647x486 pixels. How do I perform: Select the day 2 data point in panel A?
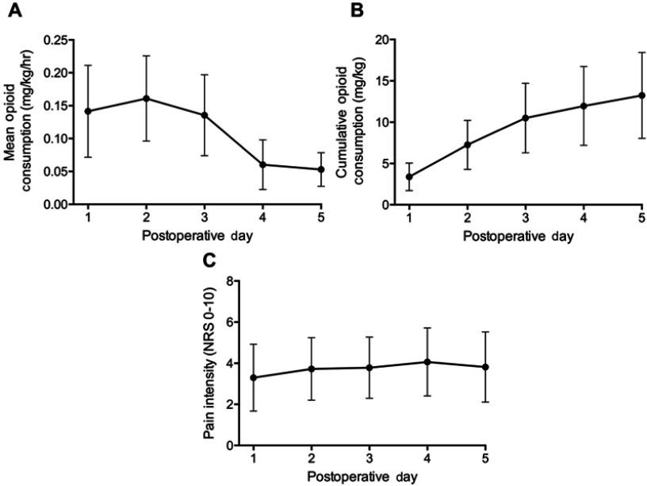point(146,98)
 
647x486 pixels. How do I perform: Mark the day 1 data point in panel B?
point(408,177)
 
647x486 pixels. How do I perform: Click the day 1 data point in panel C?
point(252,377)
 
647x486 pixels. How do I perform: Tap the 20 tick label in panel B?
point(382,40)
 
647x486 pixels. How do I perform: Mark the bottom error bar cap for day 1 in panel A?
point(88,157)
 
